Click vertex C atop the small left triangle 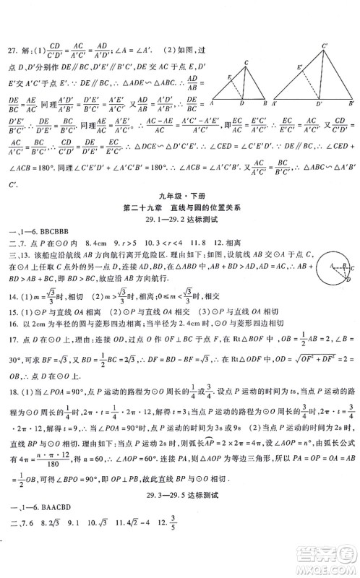pos(247,61)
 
